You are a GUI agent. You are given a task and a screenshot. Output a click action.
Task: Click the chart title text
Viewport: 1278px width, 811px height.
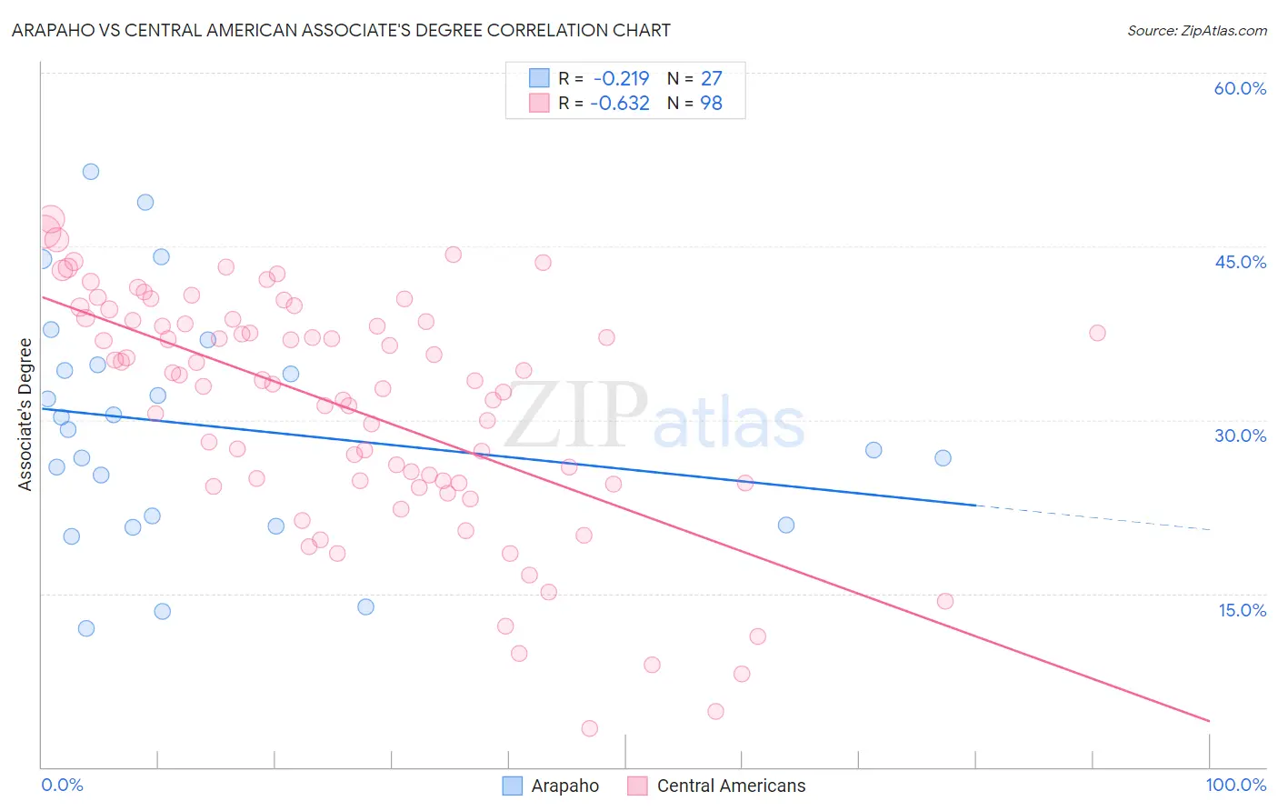coord(341,30)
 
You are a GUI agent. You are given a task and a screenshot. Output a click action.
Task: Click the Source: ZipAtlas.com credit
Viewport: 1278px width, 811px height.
coord(1196,30)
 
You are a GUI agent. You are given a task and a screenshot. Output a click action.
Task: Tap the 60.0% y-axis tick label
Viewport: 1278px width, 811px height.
coord(1240,88)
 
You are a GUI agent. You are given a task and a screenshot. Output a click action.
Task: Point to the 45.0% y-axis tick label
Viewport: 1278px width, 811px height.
coord(1240,262)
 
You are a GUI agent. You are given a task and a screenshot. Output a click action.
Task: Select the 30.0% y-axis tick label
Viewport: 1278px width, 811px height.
coord(1240,436)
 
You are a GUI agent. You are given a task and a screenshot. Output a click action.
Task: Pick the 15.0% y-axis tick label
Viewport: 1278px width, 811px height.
coord(1242,610)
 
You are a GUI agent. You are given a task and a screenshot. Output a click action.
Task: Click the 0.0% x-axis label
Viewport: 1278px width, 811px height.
coord(62,785)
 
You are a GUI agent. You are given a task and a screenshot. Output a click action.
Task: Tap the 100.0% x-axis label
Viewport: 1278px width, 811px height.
coord(1235,785)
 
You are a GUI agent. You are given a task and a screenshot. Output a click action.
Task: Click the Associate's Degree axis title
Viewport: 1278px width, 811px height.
coord(25,414)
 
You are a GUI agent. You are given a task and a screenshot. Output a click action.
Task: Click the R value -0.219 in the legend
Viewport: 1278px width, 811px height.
coord(621,78)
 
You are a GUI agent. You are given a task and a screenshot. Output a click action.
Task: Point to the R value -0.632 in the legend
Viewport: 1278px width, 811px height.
coord(620,103)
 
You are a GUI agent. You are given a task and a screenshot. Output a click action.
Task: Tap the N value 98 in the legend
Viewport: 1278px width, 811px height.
coord(711,103)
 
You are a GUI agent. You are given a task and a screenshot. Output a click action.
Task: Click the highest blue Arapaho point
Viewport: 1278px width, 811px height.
coord(91,172)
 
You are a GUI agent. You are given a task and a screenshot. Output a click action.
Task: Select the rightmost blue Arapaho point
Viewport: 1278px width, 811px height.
coord(943,458)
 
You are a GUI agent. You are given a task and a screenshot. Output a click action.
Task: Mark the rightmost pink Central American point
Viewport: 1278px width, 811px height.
coord(1097,333)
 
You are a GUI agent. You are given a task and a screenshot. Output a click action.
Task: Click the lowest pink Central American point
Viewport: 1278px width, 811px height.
coord(589,728)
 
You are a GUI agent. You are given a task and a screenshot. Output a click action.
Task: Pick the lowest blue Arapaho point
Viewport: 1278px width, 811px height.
coord(86,628)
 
